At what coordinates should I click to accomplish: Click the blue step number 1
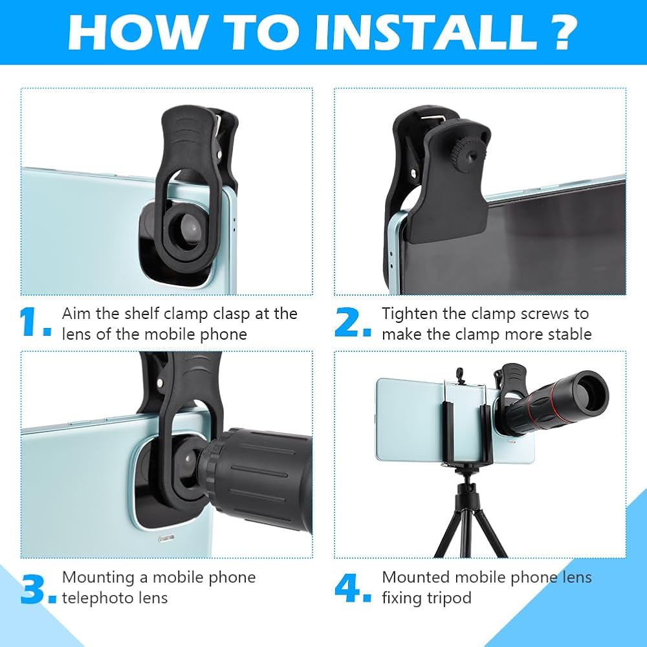pos(35,322)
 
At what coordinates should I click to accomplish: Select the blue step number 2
pos(353,322)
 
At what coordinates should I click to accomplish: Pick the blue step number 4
pos(353,587)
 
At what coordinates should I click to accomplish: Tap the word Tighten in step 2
pos(410,314)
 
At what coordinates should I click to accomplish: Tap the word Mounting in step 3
pos(98,578)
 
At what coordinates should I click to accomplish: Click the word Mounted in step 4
pos(415,577)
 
